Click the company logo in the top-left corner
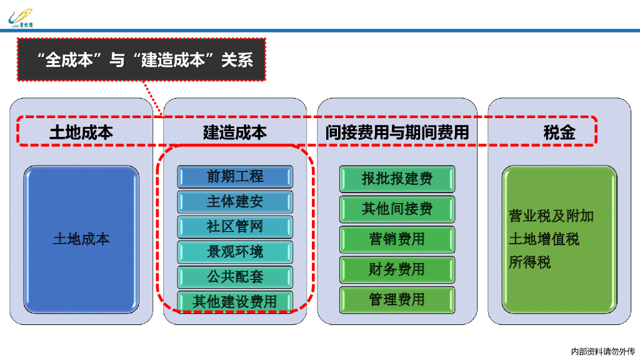point(22,18)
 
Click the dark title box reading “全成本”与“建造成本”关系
point(142,60)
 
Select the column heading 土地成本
point(81,132)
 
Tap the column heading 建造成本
point(235,132)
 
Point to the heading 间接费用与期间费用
point(397,132)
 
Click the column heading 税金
point(559,132)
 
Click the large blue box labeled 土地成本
point(81,239)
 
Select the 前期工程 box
point(235,177)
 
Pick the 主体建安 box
point(235,202)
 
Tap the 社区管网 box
point(235,227)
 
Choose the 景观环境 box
point(235,252)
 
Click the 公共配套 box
point(235,276)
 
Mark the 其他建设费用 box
point(235,301)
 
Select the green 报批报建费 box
point(397,179)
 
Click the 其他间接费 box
point(397,209)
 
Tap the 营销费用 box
point(397,239)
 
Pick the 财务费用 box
point(397,269)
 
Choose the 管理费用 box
point(397,299)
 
